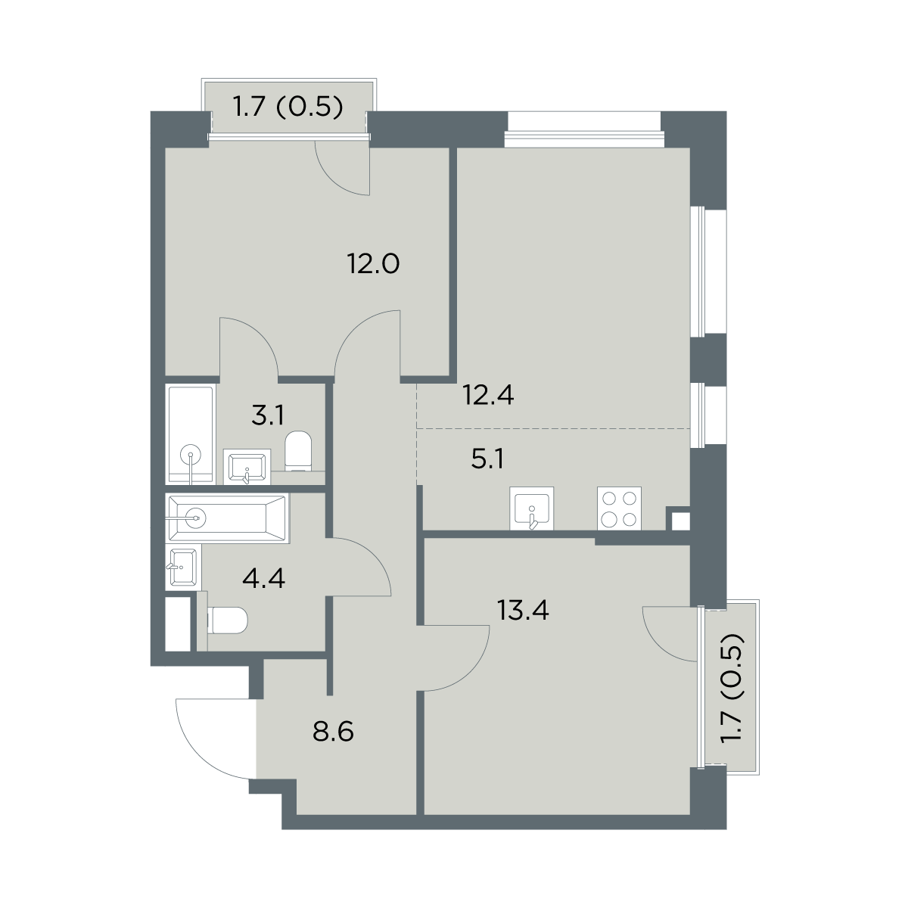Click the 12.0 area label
(374, 264)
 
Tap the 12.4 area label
(488, 395)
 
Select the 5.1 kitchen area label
(487, 459)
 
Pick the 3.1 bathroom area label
(267, 415)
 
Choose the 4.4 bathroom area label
(263, 578)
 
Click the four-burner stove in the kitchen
(619, 508)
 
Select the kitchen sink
(531, 508)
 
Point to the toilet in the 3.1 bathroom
(298, 451)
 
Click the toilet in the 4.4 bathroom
(227, 620)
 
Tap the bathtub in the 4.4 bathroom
(227, 518)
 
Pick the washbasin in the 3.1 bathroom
(247, 467)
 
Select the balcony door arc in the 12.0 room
(328, 181)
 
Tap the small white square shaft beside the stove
(680, 521)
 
